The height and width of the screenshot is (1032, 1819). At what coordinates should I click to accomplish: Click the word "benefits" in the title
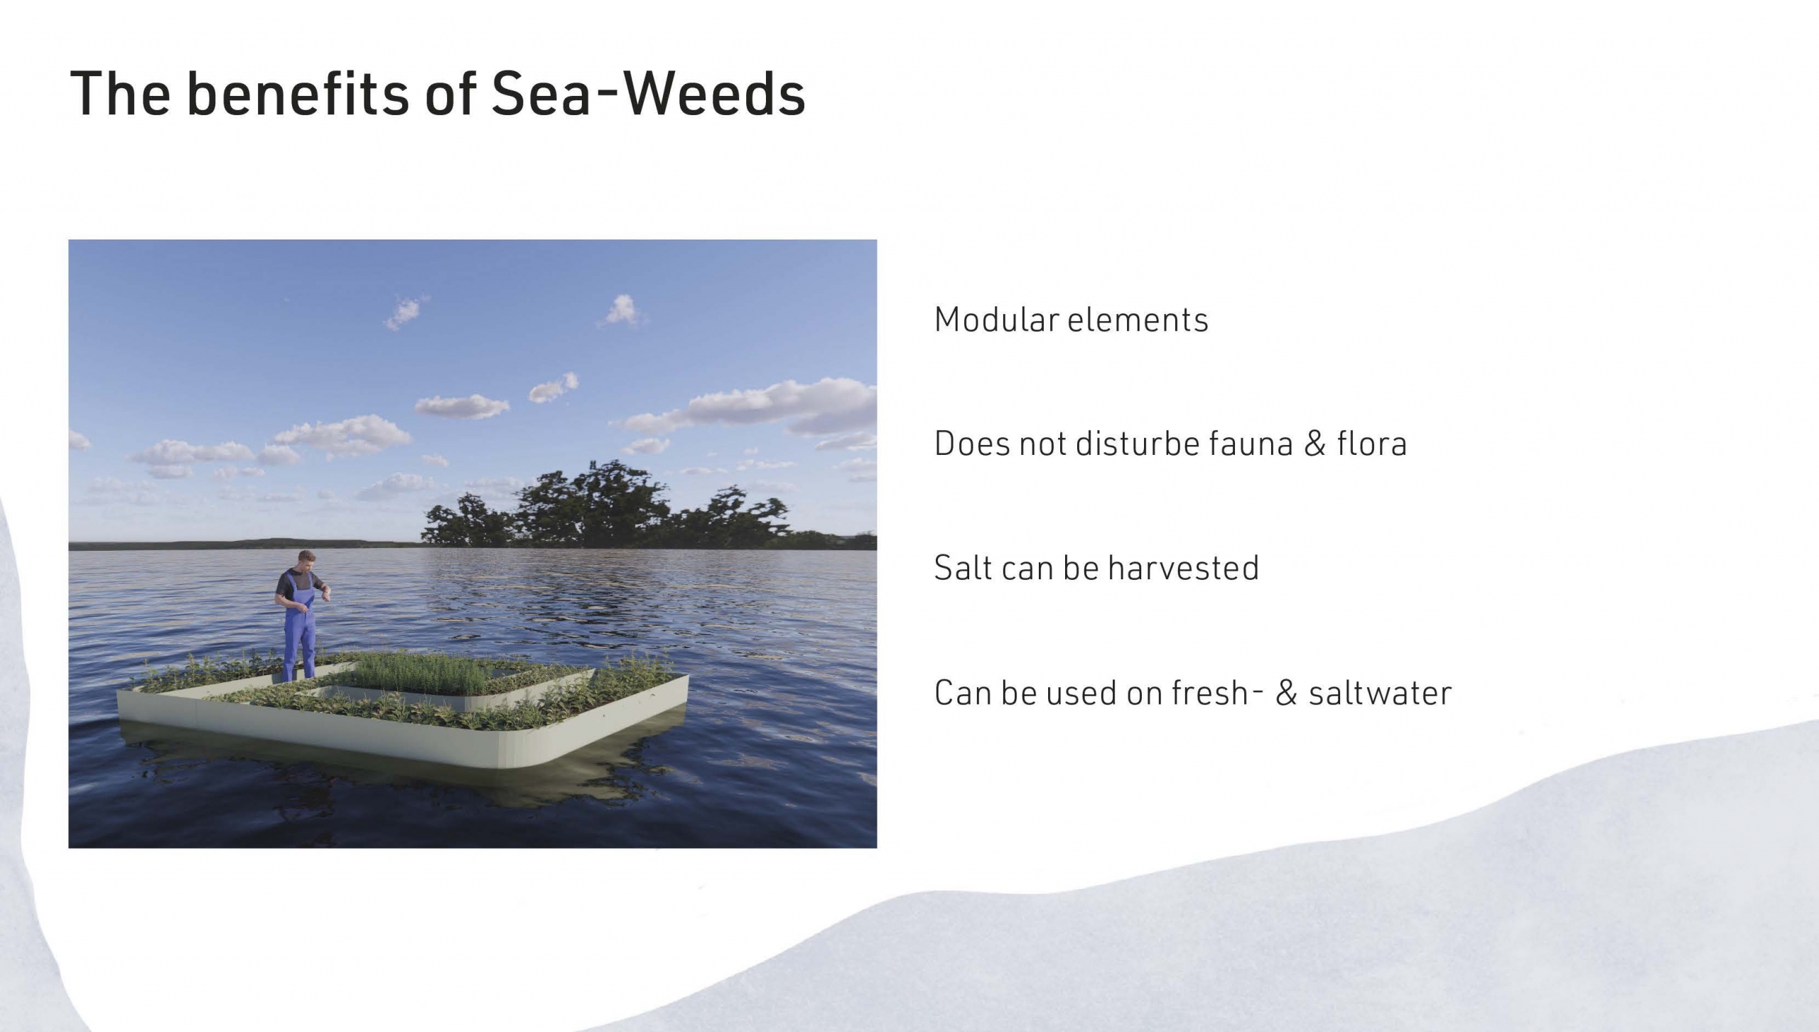[298, 93]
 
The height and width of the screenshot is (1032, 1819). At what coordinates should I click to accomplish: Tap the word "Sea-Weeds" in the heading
[649, 93]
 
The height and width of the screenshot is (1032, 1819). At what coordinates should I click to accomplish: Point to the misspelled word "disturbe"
[1136, 444]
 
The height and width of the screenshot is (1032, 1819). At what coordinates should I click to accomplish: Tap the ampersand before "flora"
[1315, 444]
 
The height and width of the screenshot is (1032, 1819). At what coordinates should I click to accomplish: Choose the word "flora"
[1371, 444]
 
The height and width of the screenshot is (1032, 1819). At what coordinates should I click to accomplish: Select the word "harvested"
[1183, 568]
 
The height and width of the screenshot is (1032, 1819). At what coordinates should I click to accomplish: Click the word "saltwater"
[1380, 693]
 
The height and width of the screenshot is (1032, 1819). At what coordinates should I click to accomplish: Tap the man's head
[306, 560]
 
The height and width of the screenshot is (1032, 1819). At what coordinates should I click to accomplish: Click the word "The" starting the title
[120, 93]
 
